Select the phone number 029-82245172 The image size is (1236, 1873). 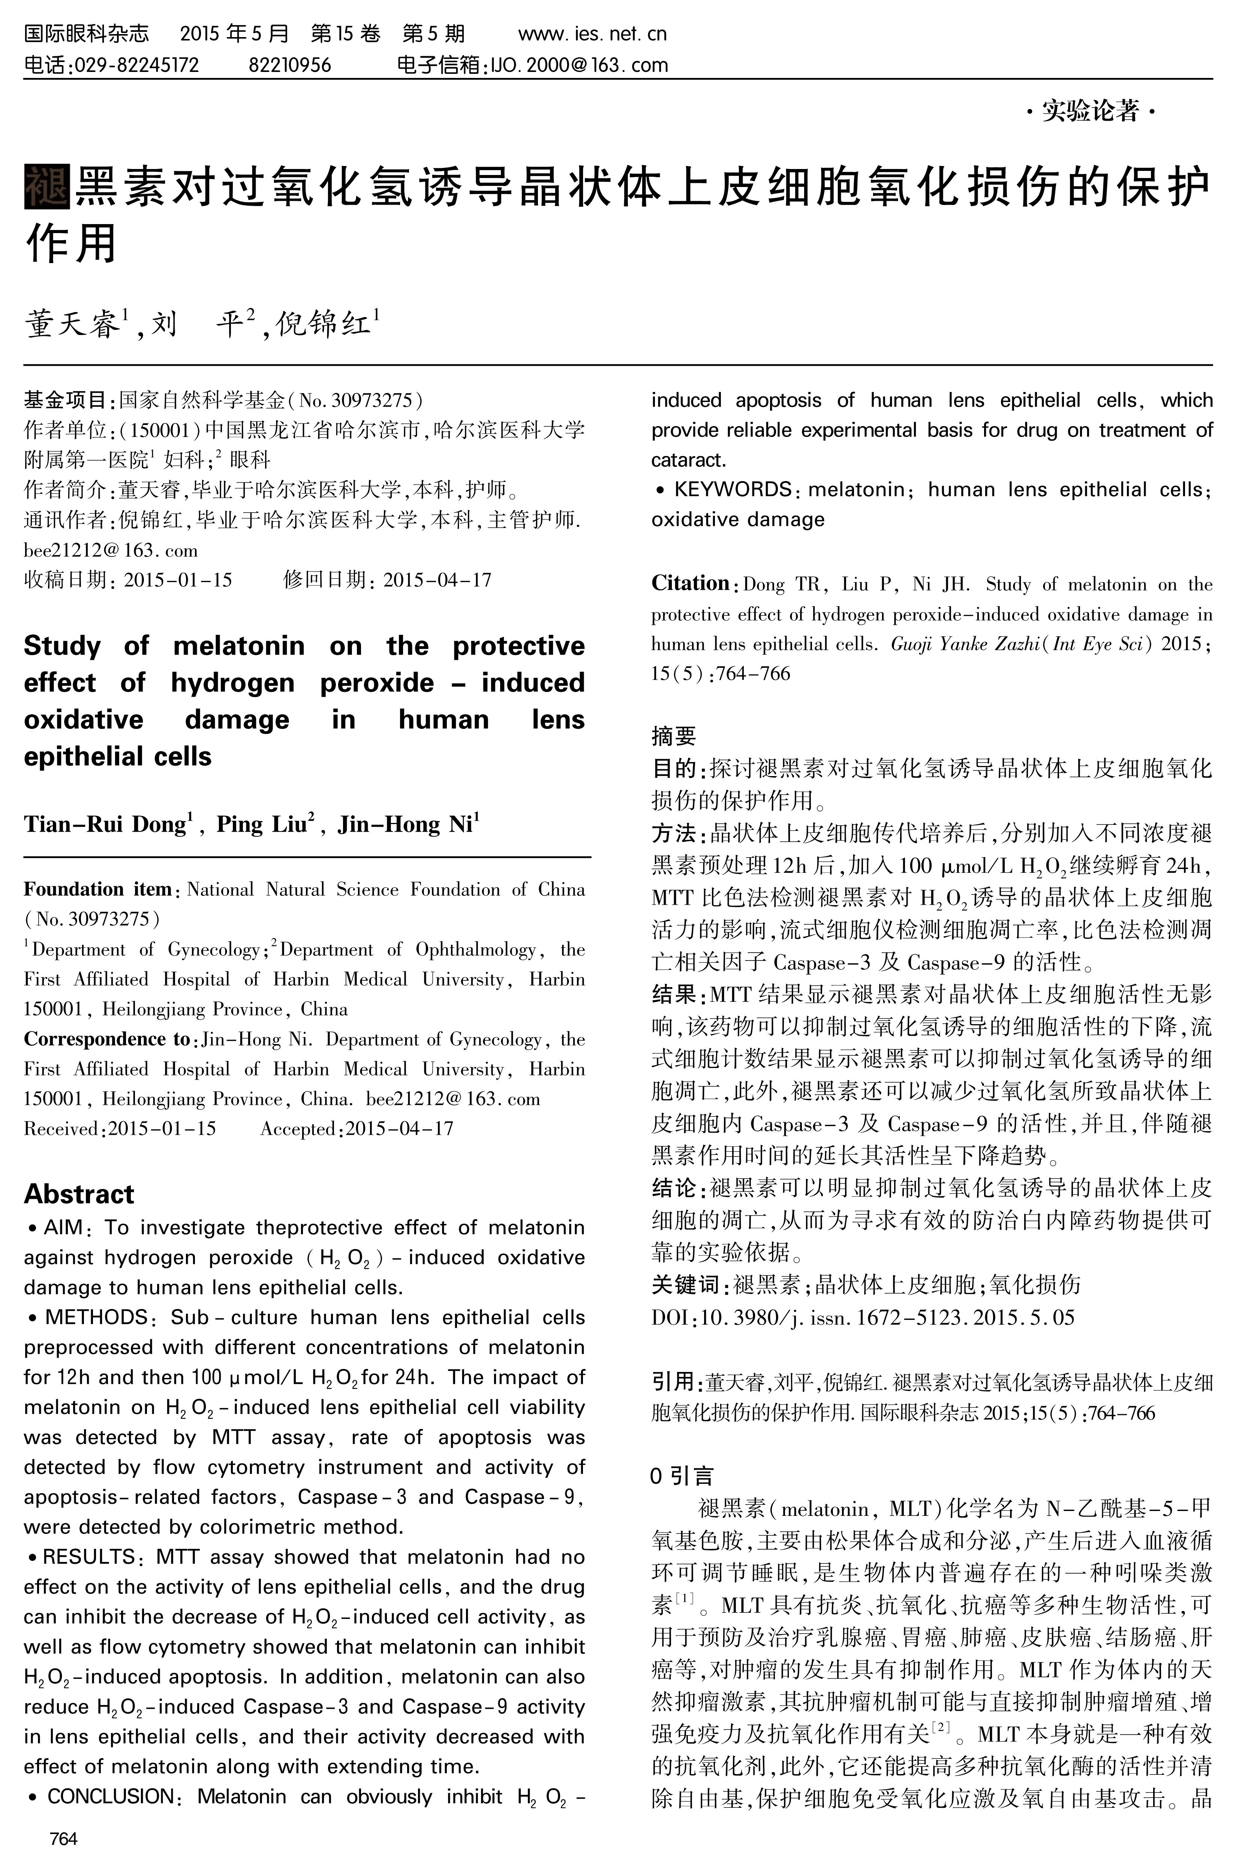pos(136,64)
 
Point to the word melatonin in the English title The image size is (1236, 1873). pos(238,646)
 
